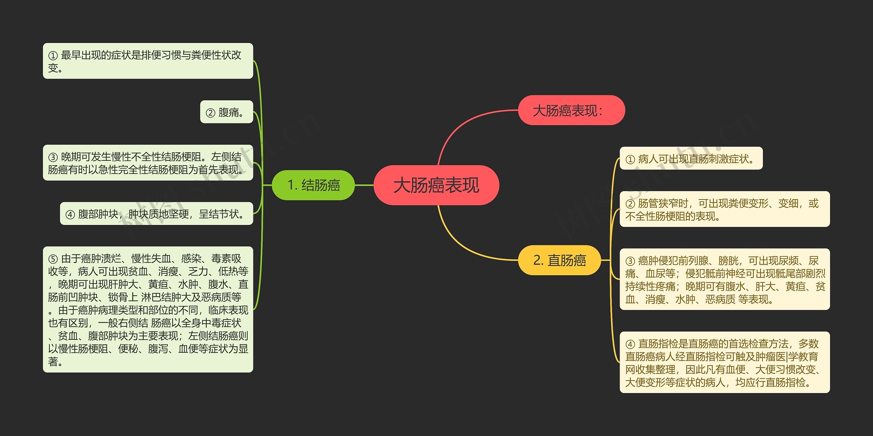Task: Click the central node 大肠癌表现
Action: (436, 185)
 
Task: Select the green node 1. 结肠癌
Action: (313, 185)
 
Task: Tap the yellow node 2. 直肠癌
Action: (559, 260)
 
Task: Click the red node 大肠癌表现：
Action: (571, 110)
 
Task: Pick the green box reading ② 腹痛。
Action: (226, 112)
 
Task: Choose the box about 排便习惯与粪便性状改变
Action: (148, 61)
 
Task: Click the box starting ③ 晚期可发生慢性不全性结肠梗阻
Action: (148, 163)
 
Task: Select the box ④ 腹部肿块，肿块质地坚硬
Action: (156, 214)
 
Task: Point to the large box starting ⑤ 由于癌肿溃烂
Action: (148, 309)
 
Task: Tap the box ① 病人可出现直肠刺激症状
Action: (691, 158)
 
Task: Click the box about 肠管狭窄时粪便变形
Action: (724, 209)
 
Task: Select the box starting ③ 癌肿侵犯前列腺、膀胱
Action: (724, 279)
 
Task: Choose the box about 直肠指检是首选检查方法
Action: (724, 362)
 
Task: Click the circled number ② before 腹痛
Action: (210, 113)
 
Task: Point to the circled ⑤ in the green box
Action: (53, 259)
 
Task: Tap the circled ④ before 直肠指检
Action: (630, 344)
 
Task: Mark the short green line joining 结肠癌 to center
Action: (364, 185)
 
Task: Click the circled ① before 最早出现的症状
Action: (53, 55)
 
